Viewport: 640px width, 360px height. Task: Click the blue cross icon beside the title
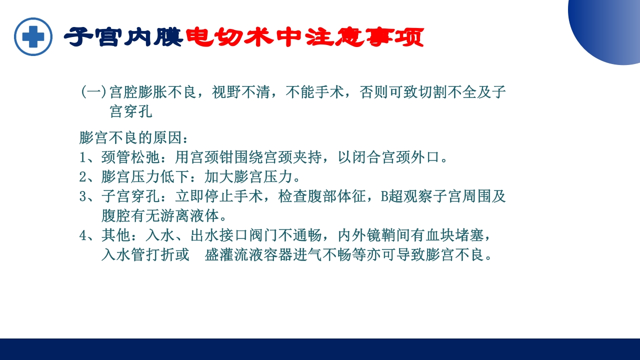(33, 36)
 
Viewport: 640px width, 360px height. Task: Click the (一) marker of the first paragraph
(93, 92)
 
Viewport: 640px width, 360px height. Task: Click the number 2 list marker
(83, 177)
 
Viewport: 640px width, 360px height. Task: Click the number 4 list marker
(83, 235)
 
